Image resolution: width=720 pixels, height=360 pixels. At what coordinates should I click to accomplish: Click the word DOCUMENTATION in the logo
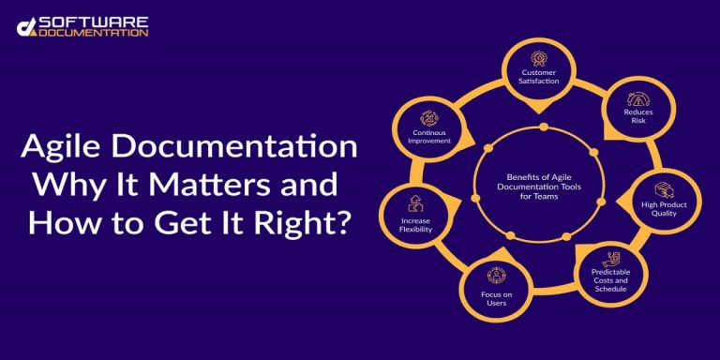tap(94, 32)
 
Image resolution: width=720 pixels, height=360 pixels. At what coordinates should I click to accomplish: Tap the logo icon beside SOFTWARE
tap(25, 26)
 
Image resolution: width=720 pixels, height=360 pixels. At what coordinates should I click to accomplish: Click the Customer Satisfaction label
tap(540, 77)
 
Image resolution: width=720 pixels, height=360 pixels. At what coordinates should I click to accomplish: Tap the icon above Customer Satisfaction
tap(540, 58)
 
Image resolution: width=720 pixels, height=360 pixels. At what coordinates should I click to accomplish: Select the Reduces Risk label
tap(637, 116)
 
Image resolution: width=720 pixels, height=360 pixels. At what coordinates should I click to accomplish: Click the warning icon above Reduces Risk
tap(637, 97)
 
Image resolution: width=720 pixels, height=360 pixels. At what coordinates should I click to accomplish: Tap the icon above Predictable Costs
tap(611, 258)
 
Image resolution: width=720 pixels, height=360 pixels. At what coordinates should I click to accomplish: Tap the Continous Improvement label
tap(430, 137)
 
